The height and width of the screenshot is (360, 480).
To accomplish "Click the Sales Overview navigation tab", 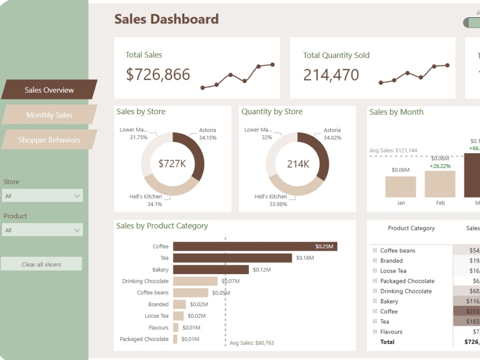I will coord(49,90).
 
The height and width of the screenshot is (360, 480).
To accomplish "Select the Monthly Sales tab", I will coord(49,115).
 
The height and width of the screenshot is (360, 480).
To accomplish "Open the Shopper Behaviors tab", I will coord(49,140).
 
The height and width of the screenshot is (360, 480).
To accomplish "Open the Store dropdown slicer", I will coord(43,196).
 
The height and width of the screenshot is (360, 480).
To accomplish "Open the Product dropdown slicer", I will coord(43,230).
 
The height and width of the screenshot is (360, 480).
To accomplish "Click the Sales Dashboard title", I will coord(166,19).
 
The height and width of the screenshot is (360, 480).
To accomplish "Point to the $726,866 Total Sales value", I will coord(158,74).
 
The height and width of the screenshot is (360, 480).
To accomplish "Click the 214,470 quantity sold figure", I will coord(331,75).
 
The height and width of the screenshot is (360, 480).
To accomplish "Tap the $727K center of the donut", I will coord(172,164).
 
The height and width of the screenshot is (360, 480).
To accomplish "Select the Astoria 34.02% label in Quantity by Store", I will coord(332,134).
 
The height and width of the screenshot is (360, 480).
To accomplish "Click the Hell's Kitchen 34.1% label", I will coord(145,200).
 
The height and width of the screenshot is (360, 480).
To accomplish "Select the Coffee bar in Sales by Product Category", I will coord(255,246).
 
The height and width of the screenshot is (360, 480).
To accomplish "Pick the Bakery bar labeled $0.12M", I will coord(211,270).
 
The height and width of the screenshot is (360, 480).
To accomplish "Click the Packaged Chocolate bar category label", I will coord(144,339).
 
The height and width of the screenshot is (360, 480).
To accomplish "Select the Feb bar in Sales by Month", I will coord(440,184).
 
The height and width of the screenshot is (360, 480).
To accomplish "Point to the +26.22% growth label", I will coord(440,166).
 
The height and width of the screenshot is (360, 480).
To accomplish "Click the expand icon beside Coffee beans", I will coord(375,251).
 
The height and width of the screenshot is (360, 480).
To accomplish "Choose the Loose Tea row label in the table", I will coord(393,271).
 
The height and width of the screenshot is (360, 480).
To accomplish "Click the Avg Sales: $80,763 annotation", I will coord(252,343).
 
